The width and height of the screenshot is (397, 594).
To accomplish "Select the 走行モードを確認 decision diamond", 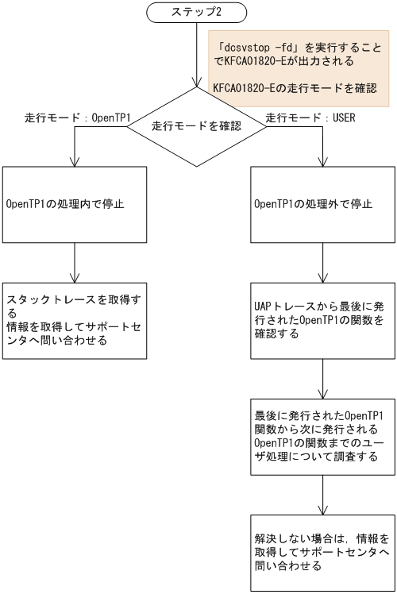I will (x=197, y=125).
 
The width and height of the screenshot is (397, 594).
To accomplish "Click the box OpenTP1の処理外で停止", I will (x=323, y=204).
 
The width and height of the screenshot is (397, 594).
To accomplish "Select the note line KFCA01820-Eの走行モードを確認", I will (x=295, y=87).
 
